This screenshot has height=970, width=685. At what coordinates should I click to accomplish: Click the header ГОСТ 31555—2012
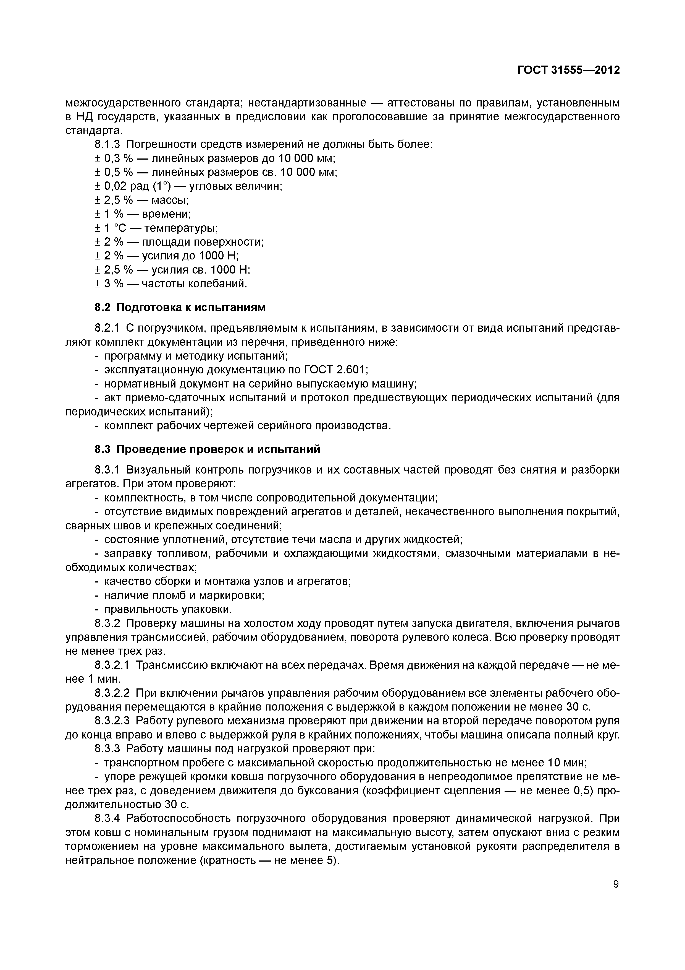coord(568,70)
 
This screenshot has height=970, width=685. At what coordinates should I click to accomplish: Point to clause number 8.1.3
coord(107,144)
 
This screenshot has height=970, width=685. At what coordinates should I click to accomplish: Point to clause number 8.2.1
coord(107,328)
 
